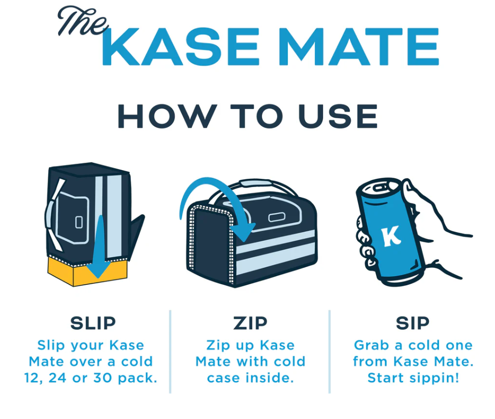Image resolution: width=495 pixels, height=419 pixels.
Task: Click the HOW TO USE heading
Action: pyautogui.click(x=247, y=116)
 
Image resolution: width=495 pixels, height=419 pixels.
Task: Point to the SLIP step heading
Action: pyautogui.click(x=93, y=323)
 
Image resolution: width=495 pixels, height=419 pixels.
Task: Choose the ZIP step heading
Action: pyautogui.click(x=250, y=323)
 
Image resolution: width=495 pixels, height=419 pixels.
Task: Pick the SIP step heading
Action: pyautogui.click(x=412, y=323)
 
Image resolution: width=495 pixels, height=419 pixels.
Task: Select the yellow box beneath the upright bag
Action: pyautogui.click(x=67, y=271)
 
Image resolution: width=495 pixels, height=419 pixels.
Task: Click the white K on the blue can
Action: pyautogui.click(x=392, y=235)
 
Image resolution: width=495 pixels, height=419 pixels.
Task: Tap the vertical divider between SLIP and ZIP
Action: pyautogui.click(x=170, y=351)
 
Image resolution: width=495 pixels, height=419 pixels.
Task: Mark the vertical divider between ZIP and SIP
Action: pyautogui.click(x=329, y=351)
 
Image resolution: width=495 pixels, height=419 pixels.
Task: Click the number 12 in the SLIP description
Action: pyautogui.click(x=33, y=378)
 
